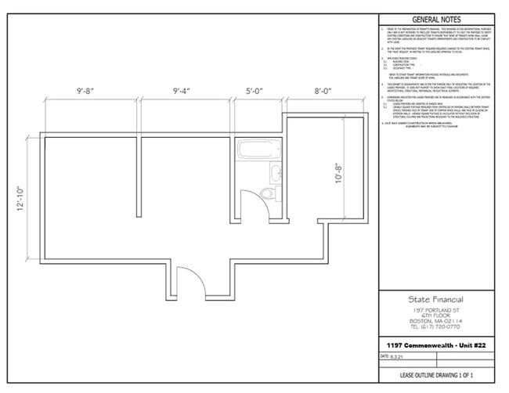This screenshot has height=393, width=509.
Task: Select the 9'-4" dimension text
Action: pyautogui.click(x=186, y=91)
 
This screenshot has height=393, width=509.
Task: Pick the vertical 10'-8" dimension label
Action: pyautogui.click(x=339, y=171)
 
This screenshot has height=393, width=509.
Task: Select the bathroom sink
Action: pyautogui.click(x=276, y=174)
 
